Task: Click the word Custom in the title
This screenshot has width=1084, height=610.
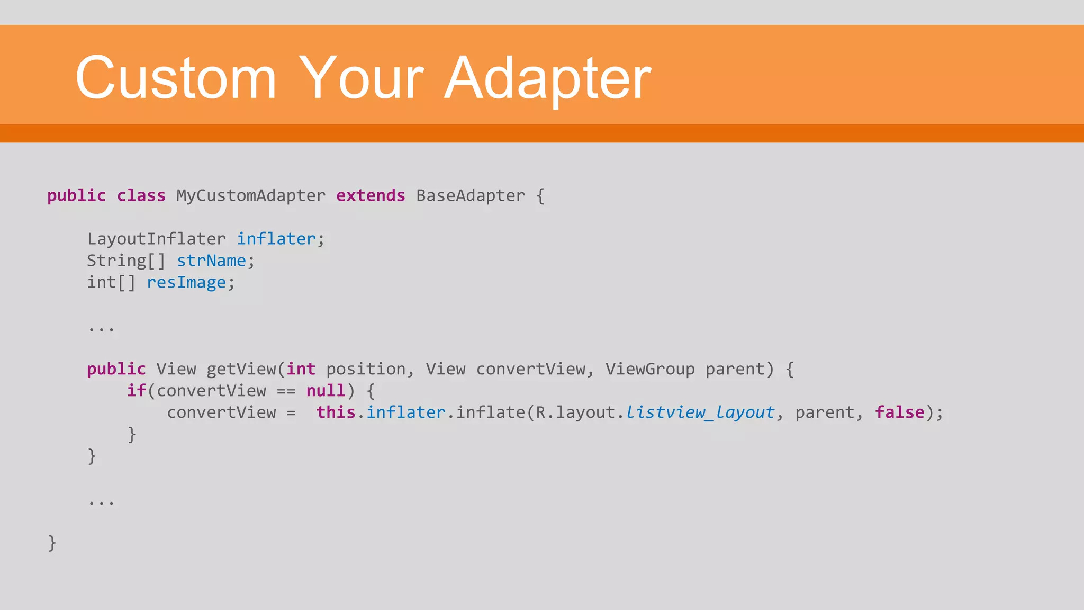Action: [x=176, y=78]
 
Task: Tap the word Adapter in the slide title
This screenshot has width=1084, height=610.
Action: [x=547, y=78]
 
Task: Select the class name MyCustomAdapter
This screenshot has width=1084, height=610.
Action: [x=251, y=196]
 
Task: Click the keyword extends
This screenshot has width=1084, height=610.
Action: [x=371, y=196]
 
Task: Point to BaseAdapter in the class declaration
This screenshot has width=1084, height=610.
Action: [x=471, y=196]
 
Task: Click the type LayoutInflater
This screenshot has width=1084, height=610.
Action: [x=156, y=239]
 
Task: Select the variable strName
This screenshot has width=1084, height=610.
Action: [x=211, y=261]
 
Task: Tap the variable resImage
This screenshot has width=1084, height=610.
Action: [x=186, y=283]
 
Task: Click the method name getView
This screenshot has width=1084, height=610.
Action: [x=241, y=369]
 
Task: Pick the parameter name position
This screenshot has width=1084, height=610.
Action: [x=365, y=369]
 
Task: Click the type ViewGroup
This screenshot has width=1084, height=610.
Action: [x=650, y=369]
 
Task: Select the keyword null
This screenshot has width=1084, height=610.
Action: [x=326, y=391]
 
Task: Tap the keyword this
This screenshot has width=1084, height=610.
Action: [x=336, y=412]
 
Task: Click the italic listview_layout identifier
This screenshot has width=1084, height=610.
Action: [x=700, y=412]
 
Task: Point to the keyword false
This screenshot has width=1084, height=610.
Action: [x=899, y=412]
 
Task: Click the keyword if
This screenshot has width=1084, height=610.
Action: [x=136, y=391]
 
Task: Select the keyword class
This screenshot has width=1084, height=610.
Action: [x=141, y=196]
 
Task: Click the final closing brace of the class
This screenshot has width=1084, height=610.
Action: [x=52, y=543]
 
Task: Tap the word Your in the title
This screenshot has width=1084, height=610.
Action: [x=361, y=78]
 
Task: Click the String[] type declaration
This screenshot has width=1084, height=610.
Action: [x=126, y=261]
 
